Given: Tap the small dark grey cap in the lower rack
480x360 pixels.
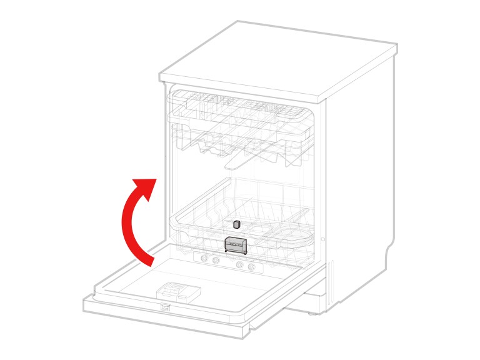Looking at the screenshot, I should point(236,224).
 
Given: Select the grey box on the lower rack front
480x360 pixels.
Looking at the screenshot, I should point(236,246).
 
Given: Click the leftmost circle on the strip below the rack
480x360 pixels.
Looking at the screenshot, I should point(204,259).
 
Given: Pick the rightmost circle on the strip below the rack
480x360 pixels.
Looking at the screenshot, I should point(251,267).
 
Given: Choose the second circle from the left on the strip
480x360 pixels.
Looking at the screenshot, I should point(215,261).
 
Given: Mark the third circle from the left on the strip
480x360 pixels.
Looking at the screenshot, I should point(240,265).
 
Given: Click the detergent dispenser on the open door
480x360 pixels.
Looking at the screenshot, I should point(179,291).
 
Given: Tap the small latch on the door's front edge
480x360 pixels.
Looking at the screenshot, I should point(165,307).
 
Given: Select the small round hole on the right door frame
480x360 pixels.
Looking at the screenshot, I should point(322,239).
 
